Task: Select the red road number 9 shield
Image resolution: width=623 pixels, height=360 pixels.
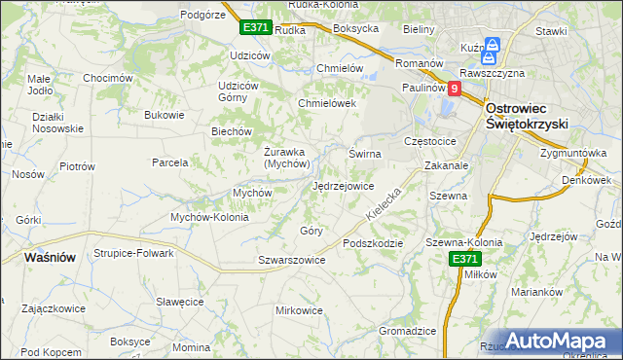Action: click(x=454, y=88)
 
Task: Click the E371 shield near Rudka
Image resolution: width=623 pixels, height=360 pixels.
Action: click(x=255, y=27)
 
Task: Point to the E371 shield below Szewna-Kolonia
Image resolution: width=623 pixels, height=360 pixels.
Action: click(x=465, y=259)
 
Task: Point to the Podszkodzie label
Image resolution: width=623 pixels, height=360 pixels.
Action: click(x=372, y=242)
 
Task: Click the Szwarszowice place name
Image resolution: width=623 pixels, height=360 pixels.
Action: click(x=291, y=260)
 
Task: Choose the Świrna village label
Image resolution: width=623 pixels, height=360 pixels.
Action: click(x=364, y=154)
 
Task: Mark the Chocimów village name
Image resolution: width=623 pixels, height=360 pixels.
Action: click(x=107, y=78)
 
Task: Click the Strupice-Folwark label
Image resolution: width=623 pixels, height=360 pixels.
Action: click(x=133, y=253)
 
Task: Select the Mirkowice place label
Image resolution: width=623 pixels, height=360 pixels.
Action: click(x=299, y=310)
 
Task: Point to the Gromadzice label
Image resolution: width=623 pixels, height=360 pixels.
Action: click(x=407, y=331)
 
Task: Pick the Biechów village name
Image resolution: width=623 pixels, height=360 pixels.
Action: click(x=232, y=131)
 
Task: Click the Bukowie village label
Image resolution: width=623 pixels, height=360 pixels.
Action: click(x=164, y=115)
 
